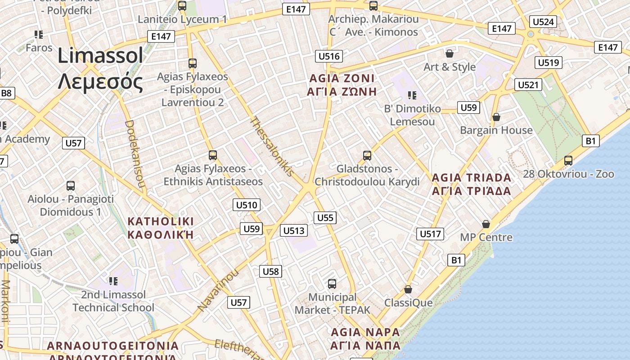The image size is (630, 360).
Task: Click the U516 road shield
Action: (328, 56)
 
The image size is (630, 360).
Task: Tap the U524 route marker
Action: (543, 22)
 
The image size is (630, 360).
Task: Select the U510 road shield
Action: (247, 205)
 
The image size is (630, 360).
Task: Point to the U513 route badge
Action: (294, 231)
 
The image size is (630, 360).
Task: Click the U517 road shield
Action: (430, 234)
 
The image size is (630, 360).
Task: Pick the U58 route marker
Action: (270, 271)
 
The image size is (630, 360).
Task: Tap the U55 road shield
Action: (325, 218)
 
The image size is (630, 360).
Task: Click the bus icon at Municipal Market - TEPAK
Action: (332, 284)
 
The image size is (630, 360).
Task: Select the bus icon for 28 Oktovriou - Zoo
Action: (568, 161)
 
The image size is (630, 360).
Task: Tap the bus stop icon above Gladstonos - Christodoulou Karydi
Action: (367, 156)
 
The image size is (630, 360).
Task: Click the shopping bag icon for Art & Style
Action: (449, 54)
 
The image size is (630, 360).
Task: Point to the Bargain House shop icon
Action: (496, 117)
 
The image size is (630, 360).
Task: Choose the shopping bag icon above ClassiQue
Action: (408, 289)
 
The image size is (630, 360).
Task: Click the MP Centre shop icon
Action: (486, 224)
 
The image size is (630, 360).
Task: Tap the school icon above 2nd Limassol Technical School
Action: (113, 281)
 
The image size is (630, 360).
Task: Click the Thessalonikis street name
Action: (272, 146)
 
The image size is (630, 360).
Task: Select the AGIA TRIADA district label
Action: (471, 184)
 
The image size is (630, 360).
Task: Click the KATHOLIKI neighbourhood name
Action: (161, 228)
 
